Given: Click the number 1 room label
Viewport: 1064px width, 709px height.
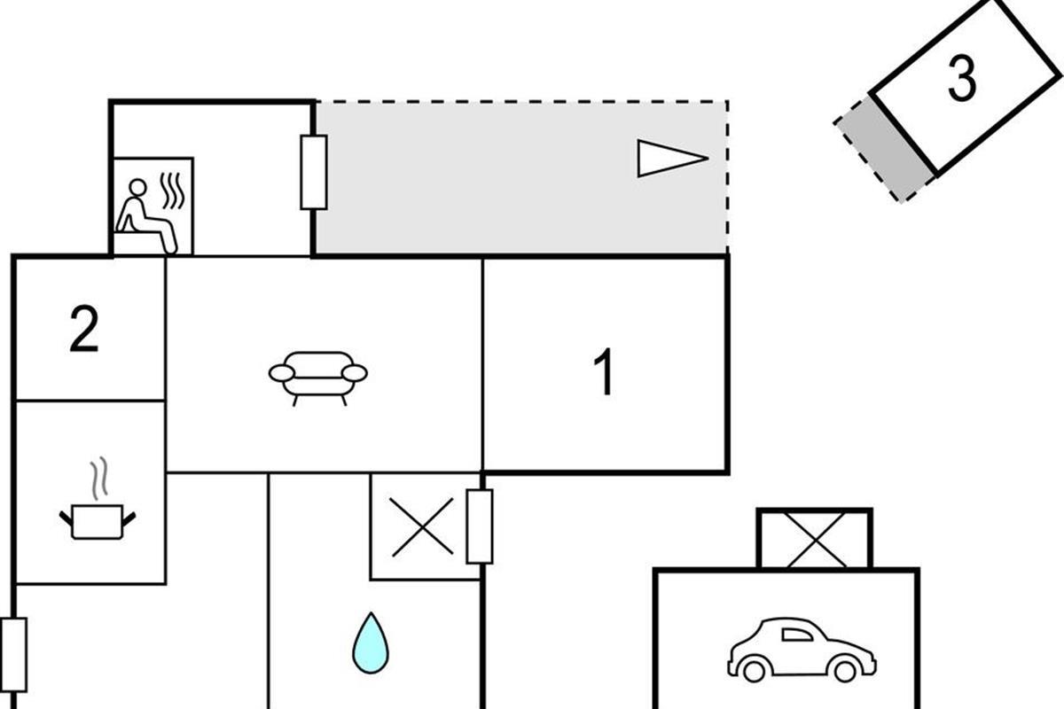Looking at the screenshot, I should point(604,372).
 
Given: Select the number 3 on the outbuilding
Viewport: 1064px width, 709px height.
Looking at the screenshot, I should point(961,78).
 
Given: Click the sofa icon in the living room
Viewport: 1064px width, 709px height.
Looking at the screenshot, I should point(318,374).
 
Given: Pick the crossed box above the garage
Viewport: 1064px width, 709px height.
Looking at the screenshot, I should point(814,539).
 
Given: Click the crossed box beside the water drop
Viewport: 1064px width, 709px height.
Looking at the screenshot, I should point(421,527).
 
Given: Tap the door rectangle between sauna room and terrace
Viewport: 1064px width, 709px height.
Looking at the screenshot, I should point(313,172).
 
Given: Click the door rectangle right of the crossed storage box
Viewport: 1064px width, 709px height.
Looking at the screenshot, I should point(480,526).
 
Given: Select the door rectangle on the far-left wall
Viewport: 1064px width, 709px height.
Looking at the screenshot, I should point(13,655).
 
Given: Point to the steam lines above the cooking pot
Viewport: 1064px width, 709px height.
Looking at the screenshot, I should point(101,476).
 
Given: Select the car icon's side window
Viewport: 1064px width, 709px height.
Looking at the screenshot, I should point(796,634).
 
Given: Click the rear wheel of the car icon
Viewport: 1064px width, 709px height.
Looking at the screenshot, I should point(755,671).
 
